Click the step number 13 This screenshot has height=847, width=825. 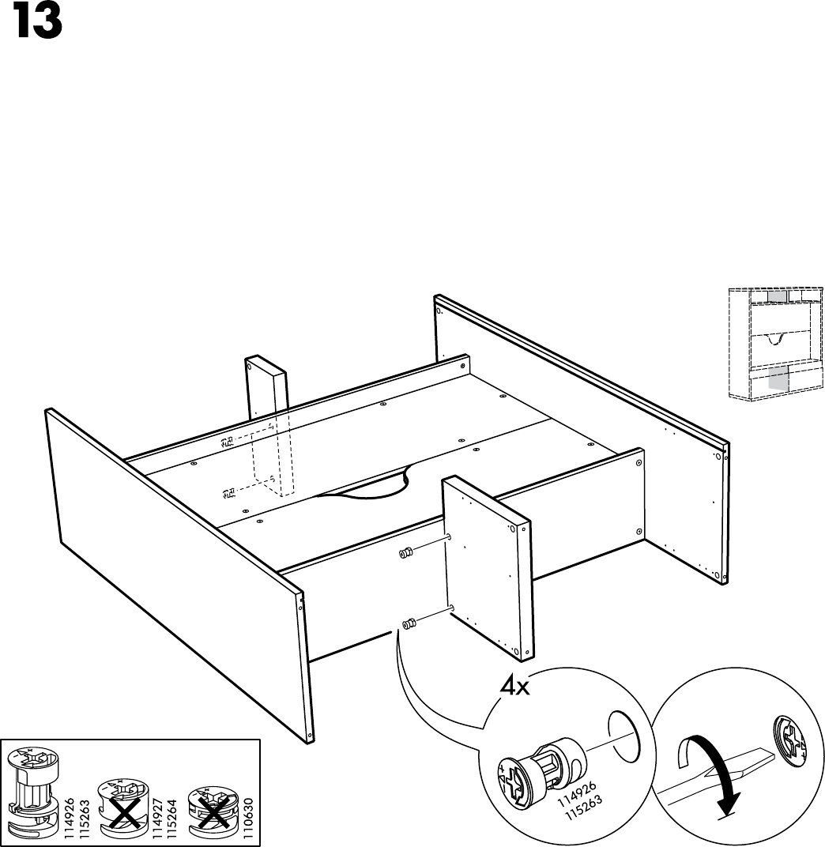point(37,23)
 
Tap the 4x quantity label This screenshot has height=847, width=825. point(514,687)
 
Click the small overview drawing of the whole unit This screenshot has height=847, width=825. point(773,344)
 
